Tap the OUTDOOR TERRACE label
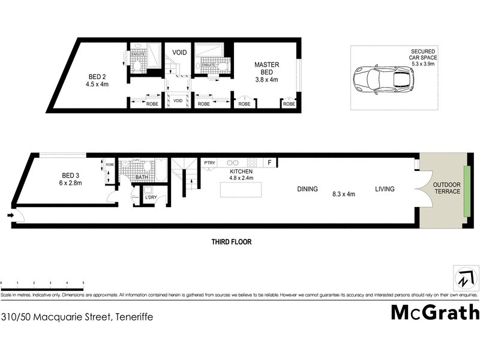447,187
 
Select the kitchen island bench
242,190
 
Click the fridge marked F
270,163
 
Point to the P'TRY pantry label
209,163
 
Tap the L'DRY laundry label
150,196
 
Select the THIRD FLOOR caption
231,242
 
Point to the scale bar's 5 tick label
83,282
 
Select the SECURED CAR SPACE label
424,56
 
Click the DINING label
307,189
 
